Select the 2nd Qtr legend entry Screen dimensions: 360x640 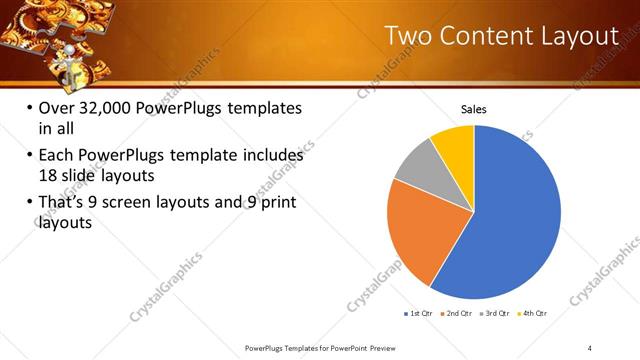pos(459,313)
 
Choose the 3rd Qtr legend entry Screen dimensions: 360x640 pos(497,313)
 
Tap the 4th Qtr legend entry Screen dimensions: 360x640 pos(535,313)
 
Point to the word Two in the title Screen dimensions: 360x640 pos(409,37)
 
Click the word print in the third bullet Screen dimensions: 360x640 pos(274,204)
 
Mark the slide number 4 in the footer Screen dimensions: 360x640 pos(590,347)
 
